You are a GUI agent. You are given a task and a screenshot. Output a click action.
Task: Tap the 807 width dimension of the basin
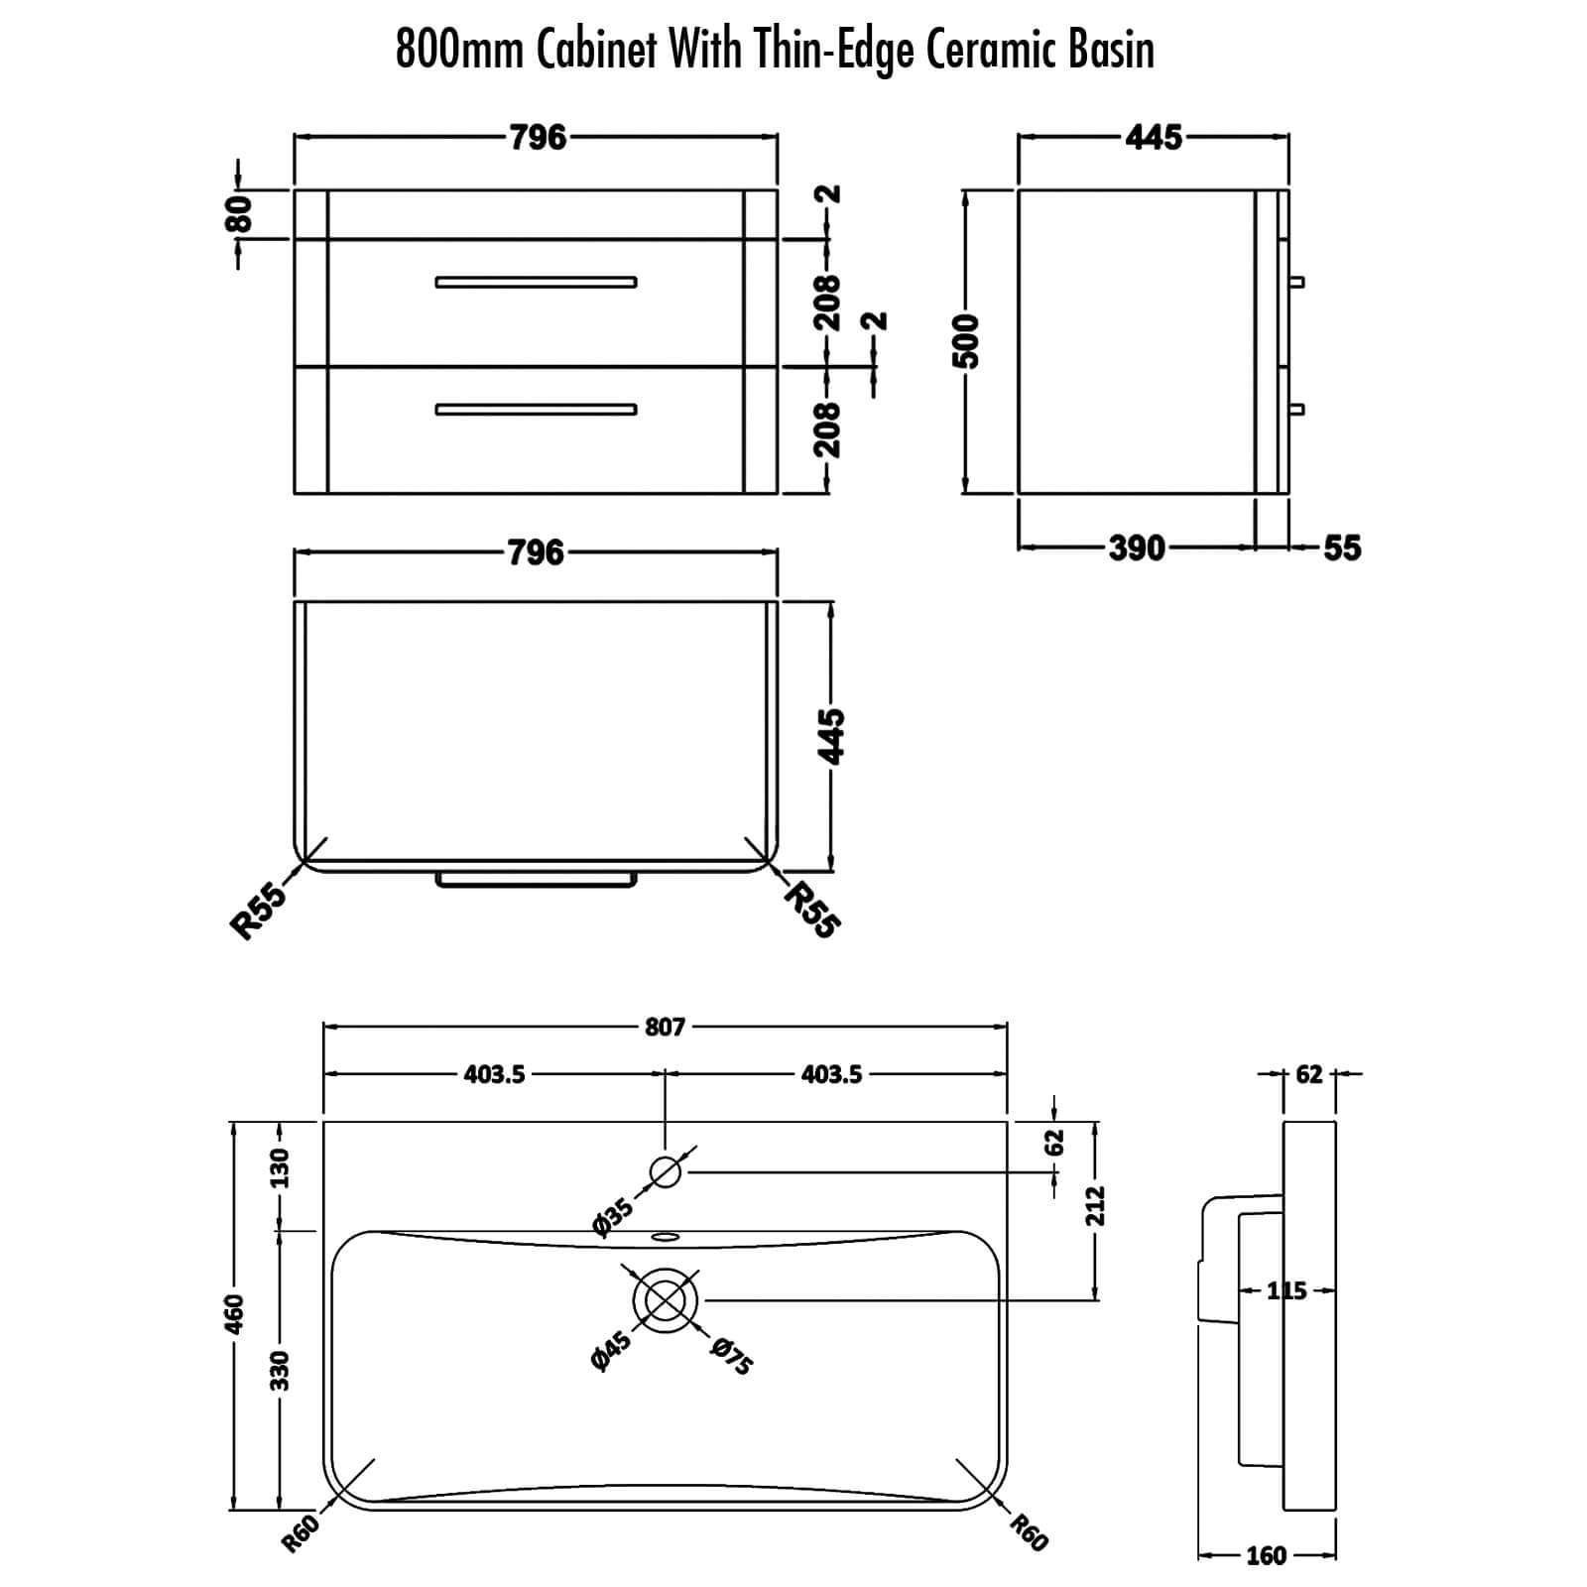pos(665,1027)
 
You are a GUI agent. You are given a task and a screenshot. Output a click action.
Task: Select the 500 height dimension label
pos(966,341)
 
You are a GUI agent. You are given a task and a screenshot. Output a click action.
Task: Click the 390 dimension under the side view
pos(1137,548)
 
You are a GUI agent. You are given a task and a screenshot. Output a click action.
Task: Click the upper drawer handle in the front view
pos(537,283)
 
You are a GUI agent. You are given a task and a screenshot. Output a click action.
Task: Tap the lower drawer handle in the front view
pos(537,410)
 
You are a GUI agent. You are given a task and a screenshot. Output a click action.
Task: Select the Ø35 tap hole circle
pos(666,1172)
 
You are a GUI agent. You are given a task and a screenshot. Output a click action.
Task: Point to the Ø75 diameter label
pos(732,1357)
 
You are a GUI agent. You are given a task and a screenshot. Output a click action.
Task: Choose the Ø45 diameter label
pos(611,1352)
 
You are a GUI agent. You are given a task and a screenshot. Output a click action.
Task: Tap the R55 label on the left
pos(259,911)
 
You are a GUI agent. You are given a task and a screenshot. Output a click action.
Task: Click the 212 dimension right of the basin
pos(1095,1206)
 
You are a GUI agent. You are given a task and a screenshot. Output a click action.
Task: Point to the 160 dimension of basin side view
pos(1266,1556)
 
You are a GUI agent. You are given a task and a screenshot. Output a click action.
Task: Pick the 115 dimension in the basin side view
pos(1287,1291)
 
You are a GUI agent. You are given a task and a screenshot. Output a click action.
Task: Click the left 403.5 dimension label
pos(494,1074)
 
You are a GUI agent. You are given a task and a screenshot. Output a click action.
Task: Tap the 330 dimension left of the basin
pos(281,1370)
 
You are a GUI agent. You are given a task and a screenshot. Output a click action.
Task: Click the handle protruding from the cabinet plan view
pos(537,881)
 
